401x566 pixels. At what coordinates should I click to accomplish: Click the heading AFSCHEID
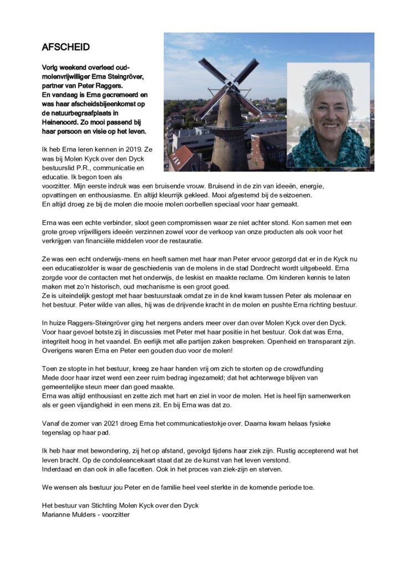coord(65,48)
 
